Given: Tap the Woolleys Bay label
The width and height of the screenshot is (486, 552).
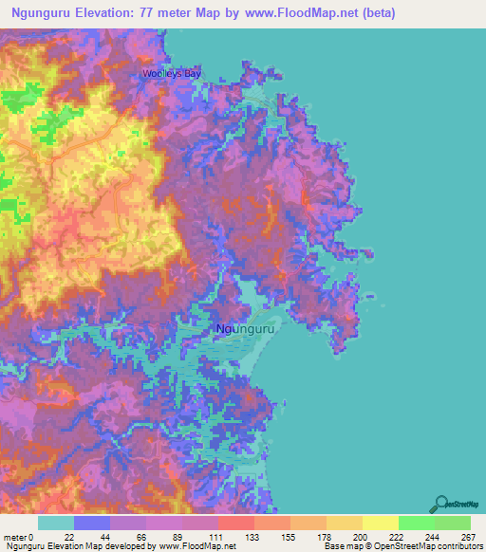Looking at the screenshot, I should coord(172,73).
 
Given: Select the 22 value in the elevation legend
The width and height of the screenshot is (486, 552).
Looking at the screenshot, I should coord(68,536).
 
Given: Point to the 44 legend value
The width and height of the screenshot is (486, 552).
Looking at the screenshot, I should coord(104,536).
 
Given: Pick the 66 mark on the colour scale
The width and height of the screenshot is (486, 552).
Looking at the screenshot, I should coord(140,536).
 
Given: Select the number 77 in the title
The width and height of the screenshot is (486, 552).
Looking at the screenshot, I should coord(141,13).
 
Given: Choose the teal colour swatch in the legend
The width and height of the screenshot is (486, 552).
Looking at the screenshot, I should coord(56,523).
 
